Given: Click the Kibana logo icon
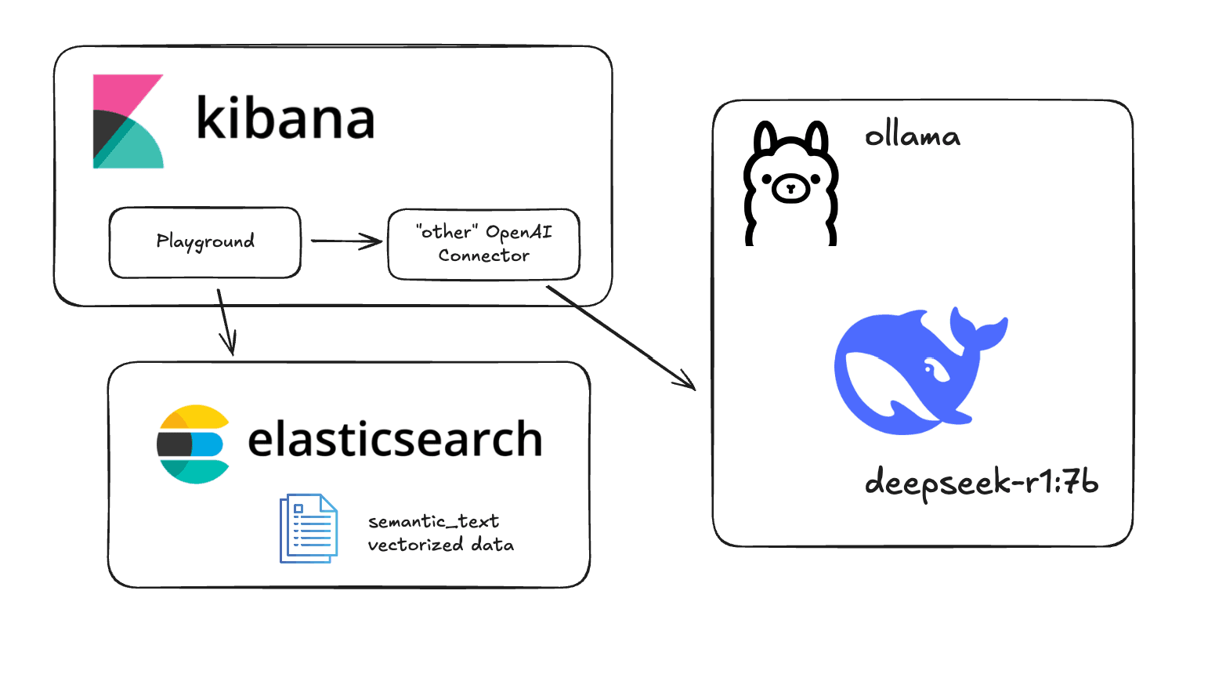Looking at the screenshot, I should (x=128, y=121).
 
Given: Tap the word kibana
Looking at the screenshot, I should (x=285, y=118).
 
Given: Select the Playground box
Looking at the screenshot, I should (x=205, y=242).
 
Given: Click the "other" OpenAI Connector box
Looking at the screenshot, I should (x=483, y=244).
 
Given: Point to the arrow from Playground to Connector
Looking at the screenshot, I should (x=345, y=241).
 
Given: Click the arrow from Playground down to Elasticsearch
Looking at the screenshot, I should (x=225, y=321).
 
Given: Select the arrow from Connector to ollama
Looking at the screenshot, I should (x=620, y=337).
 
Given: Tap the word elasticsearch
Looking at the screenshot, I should (x=395, y=439).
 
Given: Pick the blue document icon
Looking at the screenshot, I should (x=309, y=528).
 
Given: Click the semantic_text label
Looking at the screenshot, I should (x=433, y=521).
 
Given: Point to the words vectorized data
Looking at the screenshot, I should (x=440, y=545).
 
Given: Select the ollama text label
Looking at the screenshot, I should (x=912, y=137).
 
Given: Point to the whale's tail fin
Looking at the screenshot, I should (x=979, y=329).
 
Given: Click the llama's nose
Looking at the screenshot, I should (x=790, y=188).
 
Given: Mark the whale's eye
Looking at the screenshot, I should (x=930, y=367).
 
